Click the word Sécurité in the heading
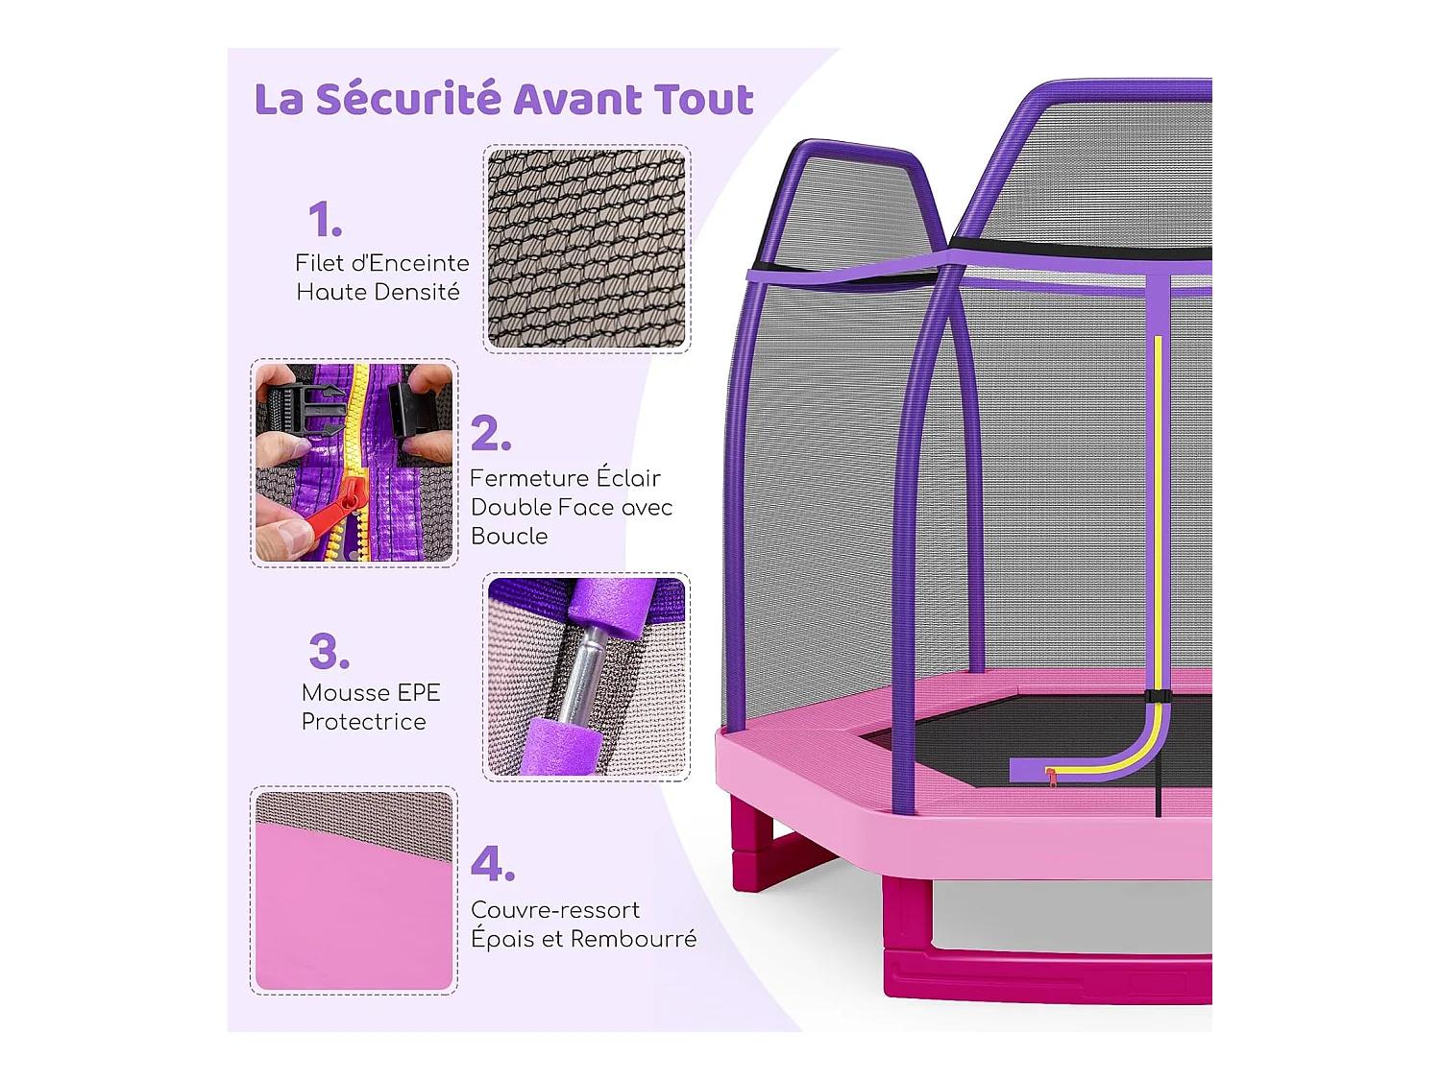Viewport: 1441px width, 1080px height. pos(408,99)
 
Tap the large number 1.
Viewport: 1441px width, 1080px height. pos(325,220)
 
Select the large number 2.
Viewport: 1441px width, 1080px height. pos(490,434)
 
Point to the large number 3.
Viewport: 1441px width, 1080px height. pos(329,651)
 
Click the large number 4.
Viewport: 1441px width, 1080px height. pos(492,864)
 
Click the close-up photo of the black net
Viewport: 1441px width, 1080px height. pos(586,249)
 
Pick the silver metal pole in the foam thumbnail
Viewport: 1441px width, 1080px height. pos(586,677)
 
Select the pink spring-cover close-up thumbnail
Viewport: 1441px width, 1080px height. pos(354,891)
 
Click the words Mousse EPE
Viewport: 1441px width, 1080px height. pos(371,692)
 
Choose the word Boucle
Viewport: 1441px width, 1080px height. pos(509,536)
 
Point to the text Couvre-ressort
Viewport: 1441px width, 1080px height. pos(554,909)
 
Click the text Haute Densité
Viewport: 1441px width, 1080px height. pos(378,292)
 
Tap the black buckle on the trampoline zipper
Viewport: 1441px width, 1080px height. pos(1158,697)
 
